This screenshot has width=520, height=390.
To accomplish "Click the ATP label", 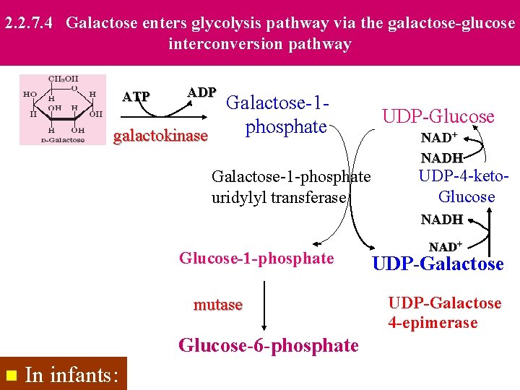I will (136, 97).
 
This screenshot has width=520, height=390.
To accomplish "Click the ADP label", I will (201, 92).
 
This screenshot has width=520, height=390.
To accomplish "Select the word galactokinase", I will (161, 136).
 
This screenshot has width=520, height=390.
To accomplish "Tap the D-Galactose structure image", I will (62, 109).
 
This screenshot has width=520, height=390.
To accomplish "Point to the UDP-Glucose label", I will (438, 116).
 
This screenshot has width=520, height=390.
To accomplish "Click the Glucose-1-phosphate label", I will (256, 259).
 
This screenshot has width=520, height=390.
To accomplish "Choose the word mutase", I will (218, 305).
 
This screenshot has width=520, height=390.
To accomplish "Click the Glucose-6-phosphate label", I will (269, 346).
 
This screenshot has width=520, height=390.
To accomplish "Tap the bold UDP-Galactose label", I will (438, 264).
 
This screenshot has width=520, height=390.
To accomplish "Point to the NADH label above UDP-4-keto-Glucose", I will (441, 157).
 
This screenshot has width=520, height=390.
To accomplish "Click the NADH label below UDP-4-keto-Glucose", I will (441, 219).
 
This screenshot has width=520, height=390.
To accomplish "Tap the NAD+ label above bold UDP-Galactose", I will (446, 247).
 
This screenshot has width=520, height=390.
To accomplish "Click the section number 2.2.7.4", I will (30, 23).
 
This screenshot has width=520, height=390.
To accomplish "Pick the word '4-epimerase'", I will (433, 323).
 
